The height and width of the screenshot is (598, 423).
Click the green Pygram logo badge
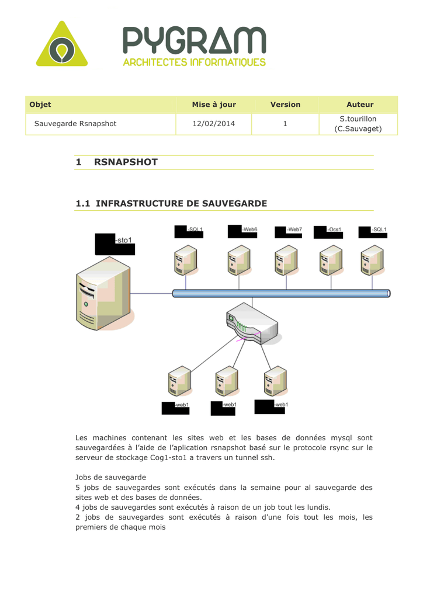61,46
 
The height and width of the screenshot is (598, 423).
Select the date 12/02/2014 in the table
214,124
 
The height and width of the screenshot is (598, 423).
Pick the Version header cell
285,105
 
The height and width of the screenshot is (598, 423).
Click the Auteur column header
359,105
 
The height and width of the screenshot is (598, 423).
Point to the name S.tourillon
358,119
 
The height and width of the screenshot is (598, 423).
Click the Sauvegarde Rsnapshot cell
75,124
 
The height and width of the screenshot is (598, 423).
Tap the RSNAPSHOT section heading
126,162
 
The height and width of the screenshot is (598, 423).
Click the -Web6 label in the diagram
249,229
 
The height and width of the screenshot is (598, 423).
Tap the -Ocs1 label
335,229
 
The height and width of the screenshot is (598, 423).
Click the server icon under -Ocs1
330,260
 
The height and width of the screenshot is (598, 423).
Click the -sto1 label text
123,239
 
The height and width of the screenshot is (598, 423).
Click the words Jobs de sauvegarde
105,477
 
